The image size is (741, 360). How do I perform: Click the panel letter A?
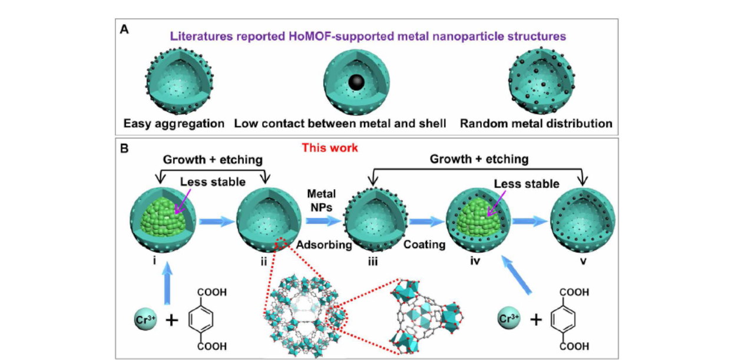click(125, 28)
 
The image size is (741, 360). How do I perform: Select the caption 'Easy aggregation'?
click(174, 124)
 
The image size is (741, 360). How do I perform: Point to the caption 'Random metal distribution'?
click(536, 124)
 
